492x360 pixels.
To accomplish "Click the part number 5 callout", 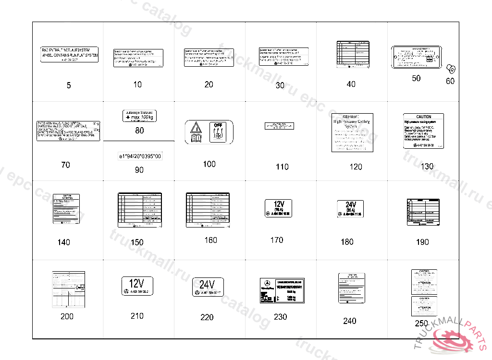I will [69, 85].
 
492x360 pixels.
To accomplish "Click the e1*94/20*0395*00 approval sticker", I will [140, 156].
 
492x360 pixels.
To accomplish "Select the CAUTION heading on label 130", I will [424, 117].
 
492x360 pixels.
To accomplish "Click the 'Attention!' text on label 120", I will [352, 117].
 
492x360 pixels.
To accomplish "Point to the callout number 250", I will [421, 324].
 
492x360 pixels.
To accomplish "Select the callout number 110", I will [282, 167].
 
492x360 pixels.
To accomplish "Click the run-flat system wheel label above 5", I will [69, 55].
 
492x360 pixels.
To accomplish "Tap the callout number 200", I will [67, 316].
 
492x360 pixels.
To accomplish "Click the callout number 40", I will [351, 84].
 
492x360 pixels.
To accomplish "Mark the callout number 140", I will [64, 242].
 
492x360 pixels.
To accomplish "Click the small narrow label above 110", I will [279, 126].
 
